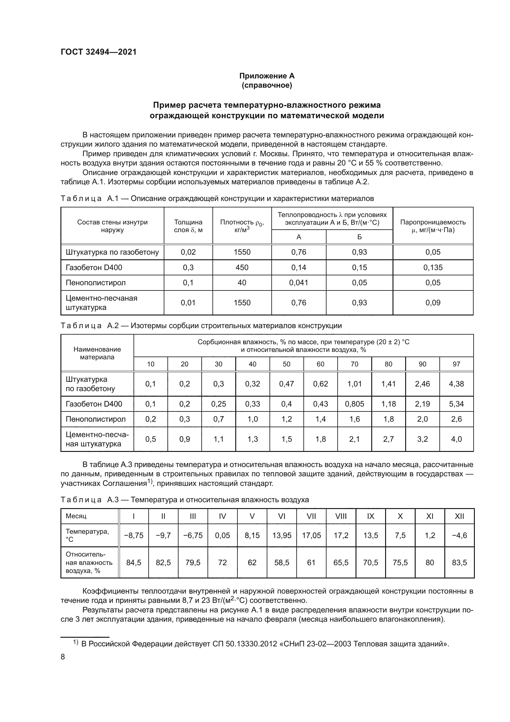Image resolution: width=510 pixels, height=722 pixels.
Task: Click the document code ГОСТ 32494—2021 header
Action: click(x=99, y=52)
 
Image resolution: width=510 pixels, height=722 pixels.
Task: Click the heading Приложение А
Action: click(x=267, y=76)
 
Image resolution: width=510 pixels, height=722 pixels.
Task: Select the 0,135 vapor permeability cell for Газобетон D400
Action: click(x=433, y=268)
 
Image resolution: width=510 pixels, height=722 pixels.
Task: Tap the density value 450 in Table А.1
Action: click(x=242, y=268)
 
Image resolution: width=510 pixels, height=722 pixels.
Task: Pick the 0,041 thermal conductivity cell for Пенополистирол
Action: click(x=299, y=283)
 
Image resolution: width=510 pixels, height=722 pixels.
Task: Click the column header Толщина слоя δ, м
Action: click(x=188, y=226)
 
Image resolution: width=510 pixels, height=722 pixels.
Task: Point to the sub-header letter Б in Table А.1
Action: click(x=359, y=237)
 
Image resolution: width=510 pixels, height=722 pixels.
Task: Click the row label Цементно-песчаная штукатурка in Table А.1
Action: click(x=101, y=303)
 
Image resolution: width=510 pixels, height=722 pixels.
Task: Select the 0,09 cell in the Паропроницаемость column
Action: click(x=433, y=303)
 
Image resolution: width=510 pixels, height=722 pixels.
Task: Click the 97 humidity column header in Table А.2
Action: click(x=456, y=364)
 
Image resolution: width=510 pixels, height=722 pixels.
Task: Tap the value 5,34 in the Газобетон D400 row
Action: click(x=456, y=404)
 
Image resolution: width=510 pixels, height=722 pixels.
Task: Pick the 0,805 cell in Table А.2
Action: click(x=354, y=404)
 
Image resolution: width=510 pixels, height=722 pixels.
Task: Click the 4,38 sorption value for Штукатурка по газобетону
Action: click(x=456, y=384)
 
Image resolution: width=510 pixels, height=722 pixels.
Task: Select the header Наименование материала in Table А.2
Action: click(x=97, y=353)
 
